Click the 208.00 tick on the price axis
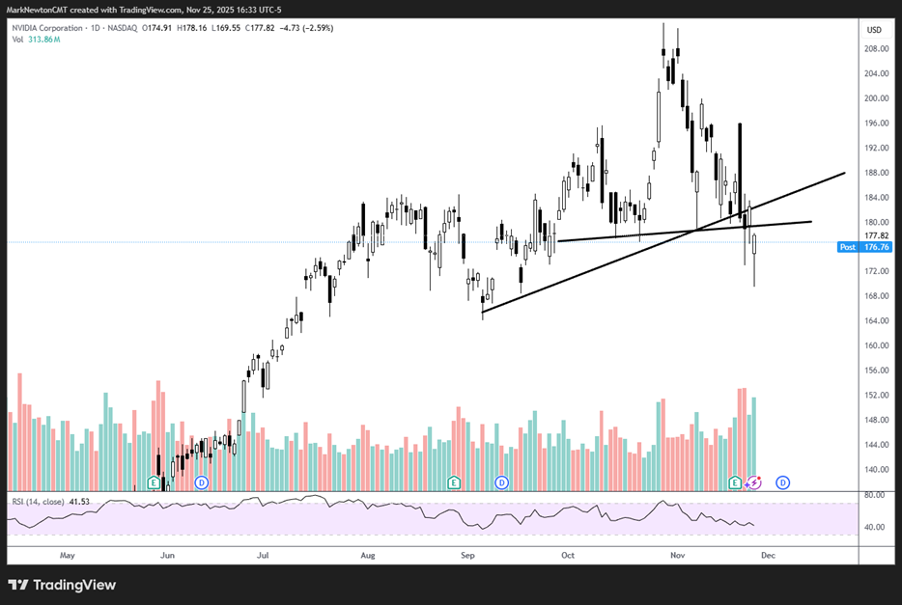tap(876, 49)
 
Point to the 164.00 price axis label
tap(876, 321)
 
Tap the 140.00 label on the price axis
tap(876, 470)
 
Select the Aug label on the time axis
tap(367, 556)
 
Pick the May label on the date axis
tap(67, 556)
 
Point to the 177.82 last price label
tap(876, 234)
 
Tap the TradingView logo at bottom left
tap(62, 585)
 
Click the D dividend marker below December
tap(783, 481)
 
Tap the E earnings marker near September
tap(454, 481)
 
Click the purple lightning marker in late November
tap(754, 481)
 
